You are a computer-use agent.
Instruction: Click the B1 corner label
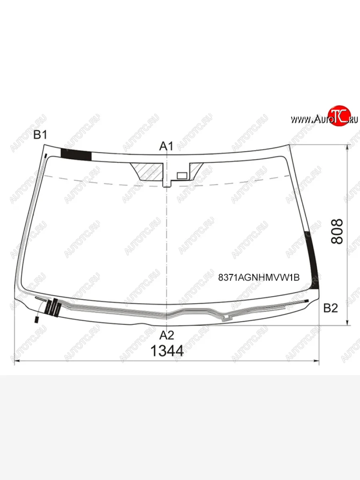click(40, 135)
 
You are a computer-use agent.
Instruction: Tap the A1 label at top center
click(166, 146)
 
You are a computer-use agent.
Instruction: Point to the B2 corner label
click(330, 308)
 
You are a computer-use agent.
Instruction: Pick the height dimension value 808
click(337, 232)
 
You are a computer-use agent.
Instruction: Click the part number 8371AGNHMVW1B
click(259, 278)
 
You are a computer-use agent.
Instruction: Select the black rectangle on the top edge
click(76, 154)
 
